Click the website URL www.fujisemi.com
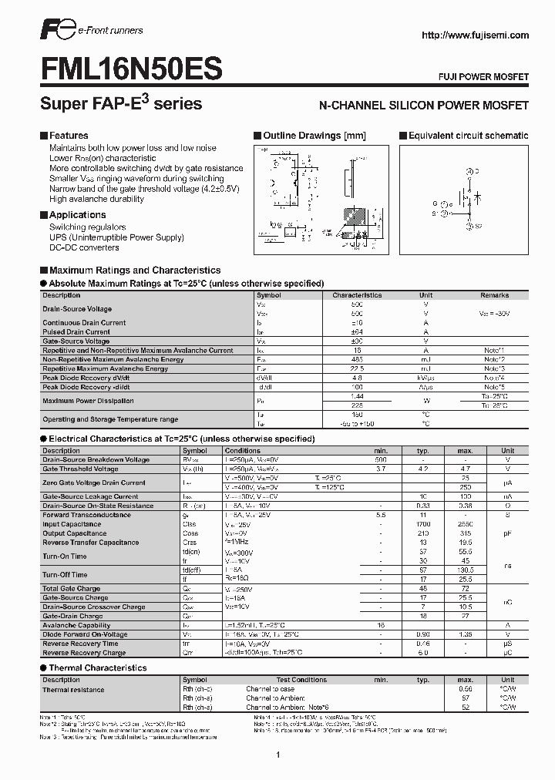474,35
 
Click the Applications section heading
77,215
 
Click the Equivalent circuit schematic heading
468,136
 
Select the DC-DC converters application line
84,248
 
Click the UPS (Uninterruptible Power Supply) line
116,237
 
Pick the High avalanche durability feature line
96,199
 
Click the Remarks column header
494,295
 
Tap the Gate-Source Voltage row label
76,341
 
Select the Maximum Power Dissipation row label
88,401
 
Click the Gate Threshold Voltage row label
80,469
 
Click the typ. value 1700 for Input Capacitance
422,524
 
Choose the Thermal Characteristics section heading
97,667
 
